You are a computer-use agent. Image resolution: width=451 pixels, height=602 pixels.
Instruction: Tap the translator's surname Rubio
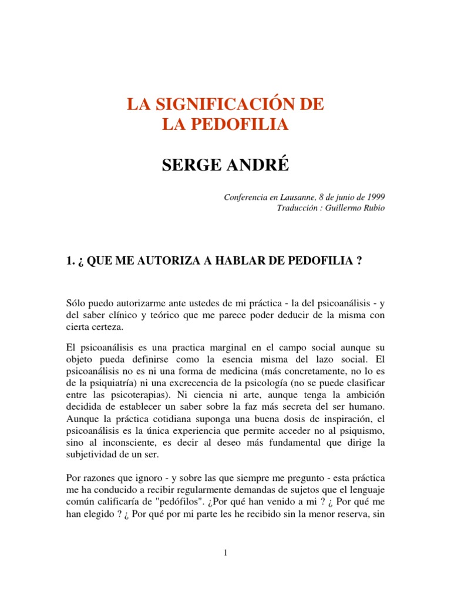373,209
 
